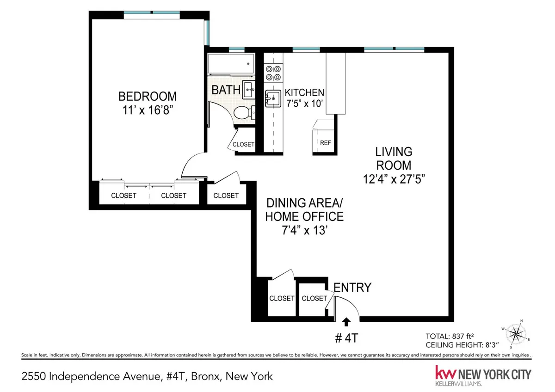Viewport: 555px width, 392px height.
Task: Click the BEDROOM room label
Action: pos(148,97)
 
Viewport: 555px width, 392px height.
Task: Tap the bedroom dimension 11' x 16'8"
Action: pos(148,111)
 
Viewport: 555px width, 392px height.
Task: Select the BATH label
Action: pos(226,90)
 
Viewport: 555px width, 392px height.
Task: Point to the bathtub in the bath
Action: pos(231,64)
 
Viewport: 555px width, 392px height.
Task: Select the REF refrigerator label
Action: pos(325,143)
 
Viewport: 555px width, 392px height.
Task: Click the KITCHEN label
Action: pos(304,92)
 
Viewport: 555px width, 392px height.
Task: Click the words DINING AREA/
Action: pos(304,203)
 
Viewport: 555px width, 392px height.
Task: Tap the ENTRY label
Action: pos(352,288)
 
